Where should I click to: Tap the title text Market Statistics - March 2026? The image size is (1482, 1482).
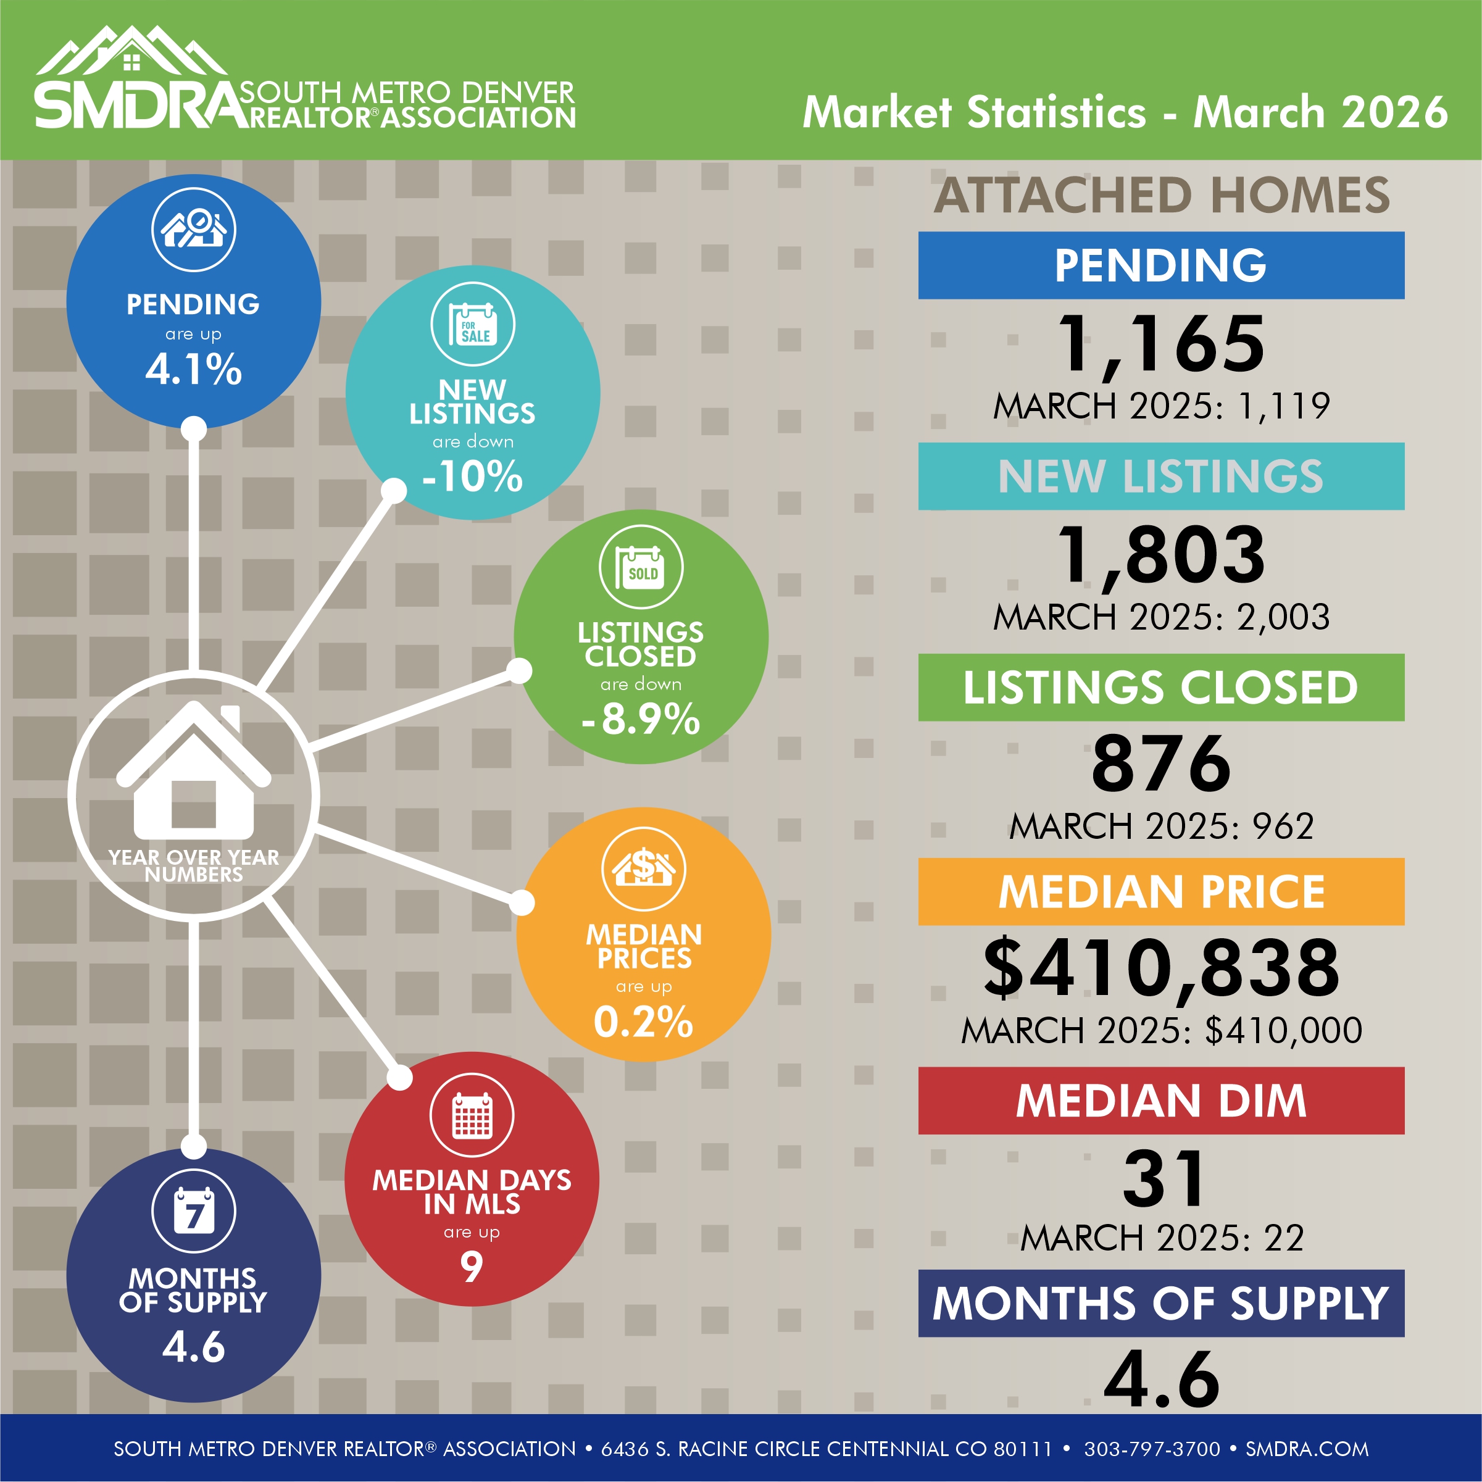pyautogui.click(x=1125, y=112)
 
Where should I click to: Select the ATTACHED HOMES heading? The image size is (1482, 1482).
pyautogui.click(x=1162, y=195)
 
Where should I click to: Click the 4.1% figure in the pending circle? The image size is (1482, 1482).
pyautogui.click(x=193, y=370)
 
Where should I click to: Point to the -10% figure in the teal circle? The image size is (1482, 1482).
pyautogui.click(x=473, y=477)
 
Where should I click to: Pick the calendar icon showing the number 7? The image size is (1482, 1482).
pyautogui.click(x=193, y=1211)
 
